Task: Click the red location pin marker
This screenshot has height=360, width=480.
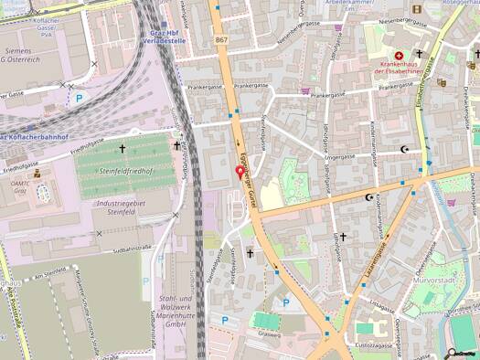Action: coord(240,172)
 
